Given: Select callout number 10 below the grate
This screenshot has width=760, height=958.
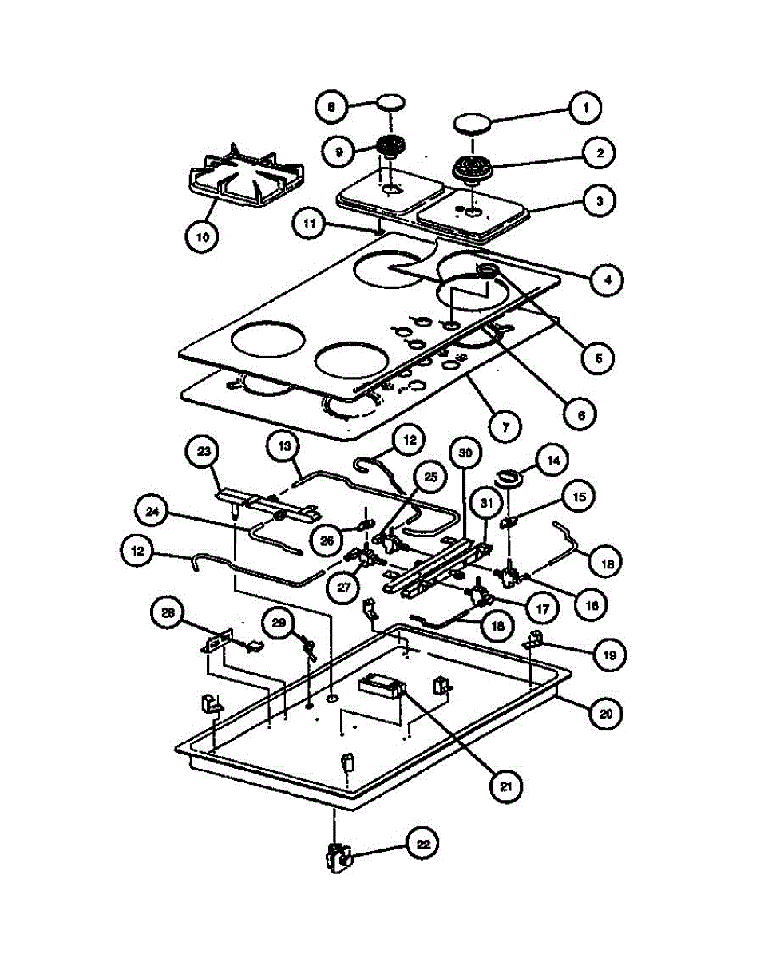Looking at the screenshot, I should coord(201,237).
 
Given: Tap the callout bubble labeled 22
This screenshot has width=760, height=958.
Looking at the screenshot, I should coord(424,843).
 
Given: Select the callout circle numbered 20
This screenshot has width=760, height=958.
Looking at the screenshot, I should coord(606,713).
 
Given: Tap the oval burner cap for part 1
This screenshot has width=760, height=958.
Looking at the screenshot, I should coord(473,123).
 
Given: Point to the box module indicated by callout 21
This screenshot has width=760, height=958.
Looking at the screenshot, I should coord(382,686).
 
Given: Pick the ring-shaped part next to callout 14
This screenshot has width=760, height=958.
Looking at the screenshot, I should coord(509,478).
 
